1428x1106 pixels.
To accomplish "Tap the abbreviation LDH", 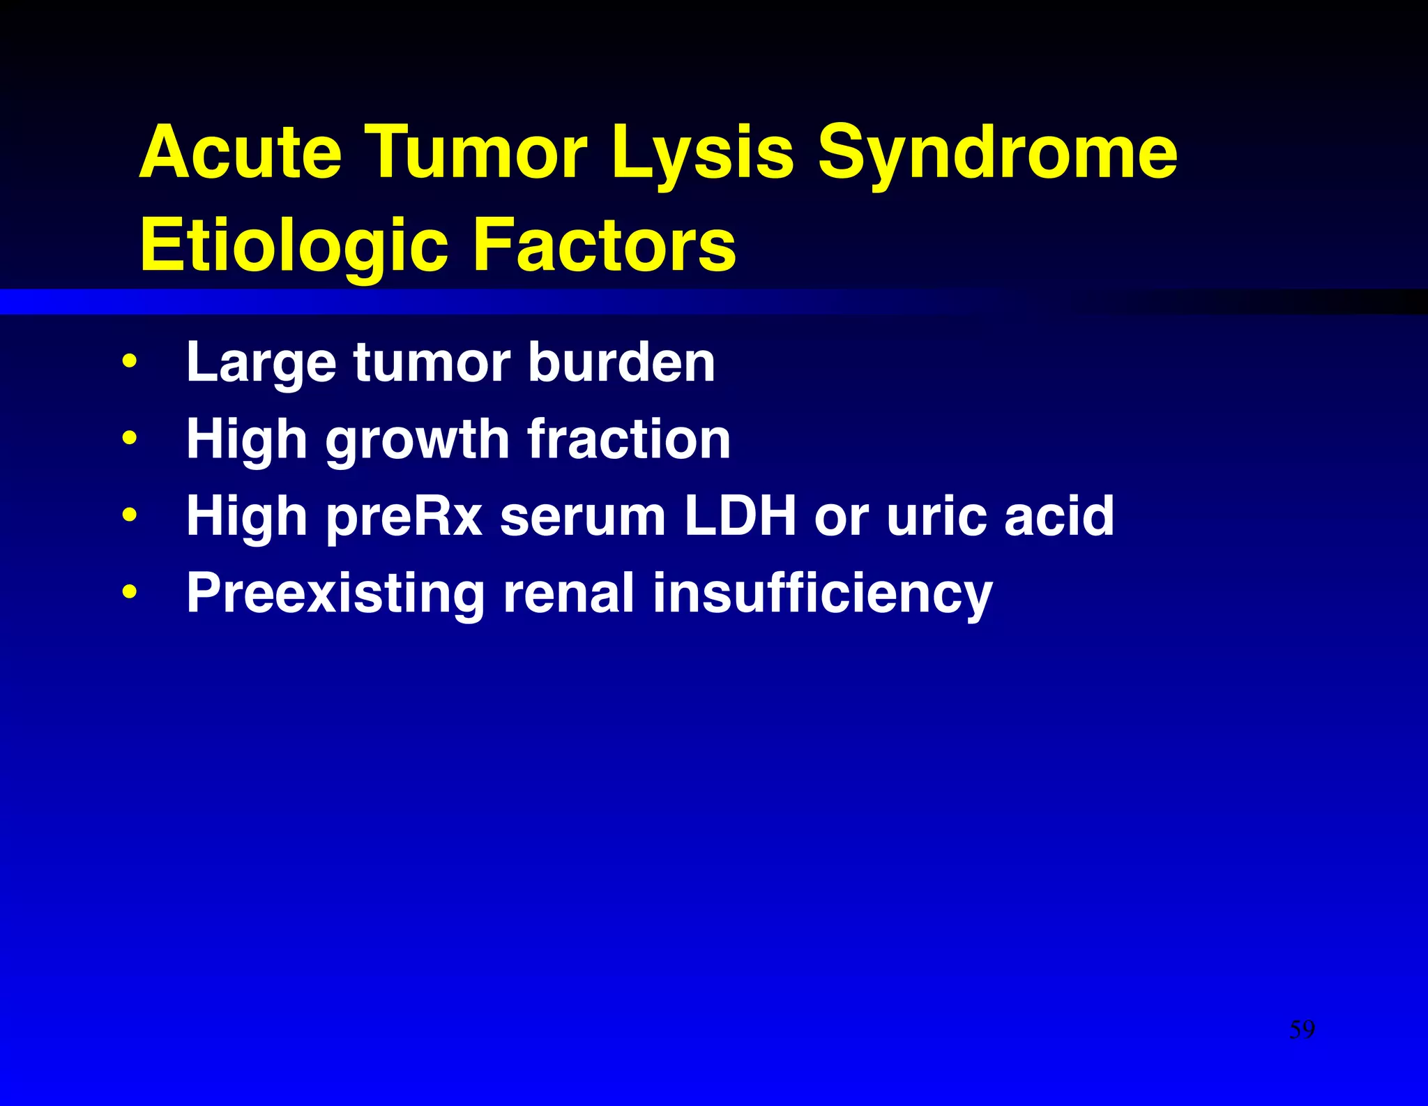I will pos(740,515).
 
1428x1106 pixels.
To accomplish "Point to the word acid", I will pos(1059,515).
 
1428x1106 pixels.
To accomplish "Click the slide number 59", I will pos(1302,1029).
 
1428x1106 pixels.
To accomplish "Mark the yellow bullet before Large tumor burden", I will pos(129,362).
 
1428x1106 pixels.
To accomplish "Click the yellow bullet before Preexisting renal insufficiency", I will pos(129,592).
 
